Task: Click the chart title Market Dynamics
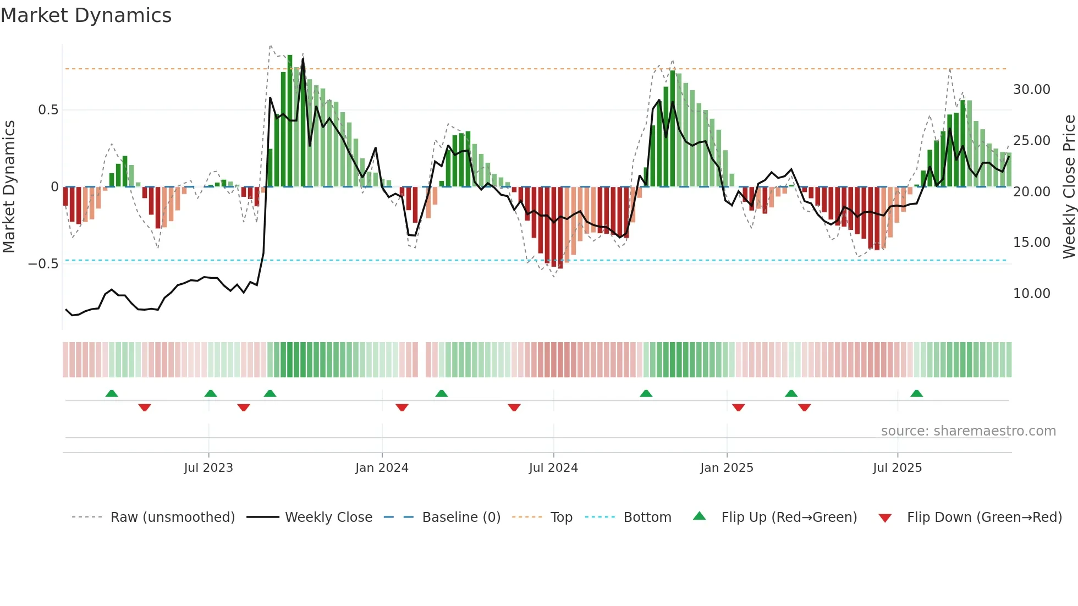pyautogui.click(x=86, y=15)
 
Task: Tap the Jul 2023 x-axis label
pyautogui.click(x=208, y=468)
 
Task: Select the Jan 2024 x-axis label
pyautogui.click(x=382, y=468)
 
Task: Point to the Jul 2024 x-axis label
pyautogui.click(x=553, y=468)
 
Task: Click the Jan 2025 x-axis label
pyautogui.click(x=727, y=468)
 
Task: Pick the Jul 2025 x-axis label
pyautogui.click(x=897, y=468)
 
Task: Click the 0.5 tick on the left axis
pyautogui.click(x=48, y=110)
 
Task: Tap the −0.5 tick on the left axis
pyautogui.click(x=43, y=264)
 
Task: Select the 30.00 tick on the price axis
pyautogui.click(x=1032, y=90)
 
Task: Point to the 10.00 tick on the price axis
pyautogui.click(x=1032, y=294)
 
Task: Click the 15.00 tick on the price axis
pyautogui.click(x=1032, y=243)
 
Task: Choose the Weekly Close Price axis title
pyautogui.click(x=1069, y=186)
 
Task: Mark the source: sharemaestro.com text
pyautogui.click(x=969, y=431)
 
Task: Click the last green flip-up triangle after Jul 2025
pyautogui.click(x=916, y=394)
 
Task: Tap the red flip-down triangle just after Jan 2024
pyautogui.click(x=402, y=407)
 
